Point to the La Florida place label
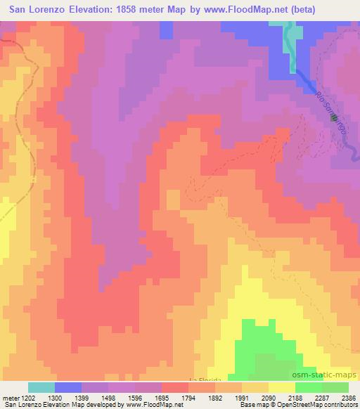point(205,379)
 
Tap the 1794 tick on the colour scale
point(188,397)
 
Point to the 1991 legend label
point(243,397)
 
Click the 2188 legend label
point(296,397)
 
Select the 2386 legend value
point(349,397)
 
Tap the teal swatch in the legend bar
point(41,387)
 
